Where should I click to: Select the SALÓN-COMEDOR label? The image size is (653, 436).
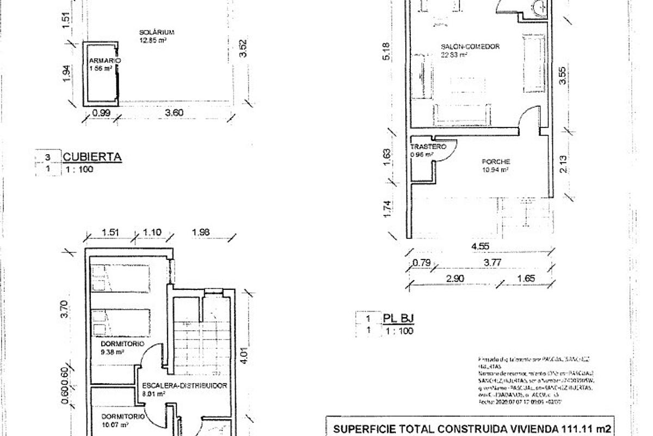tap(470, 47)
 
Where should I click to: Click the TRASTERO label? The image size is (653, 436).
tap(428, 147)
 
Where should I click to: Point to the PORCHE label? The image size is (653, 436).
tap(495, 162)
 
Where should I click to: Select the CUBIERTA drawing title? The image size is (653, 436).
tap(92, 158)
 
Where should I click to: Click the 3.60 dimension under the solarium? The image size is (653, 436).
tap(174, 113)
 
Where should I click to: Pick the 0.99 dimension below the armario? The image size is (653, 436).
tap(101, 113)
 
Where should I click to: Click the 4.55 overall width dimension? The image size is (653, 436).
tap(481, 246)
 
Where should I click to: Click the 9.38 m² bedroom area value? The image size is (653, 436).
tap(112, 352)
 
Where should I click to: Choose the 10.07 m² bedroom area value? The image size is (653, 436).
tap(114, 425)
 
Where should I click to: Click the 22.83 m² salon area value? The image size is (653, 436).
tap(454, 55)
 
